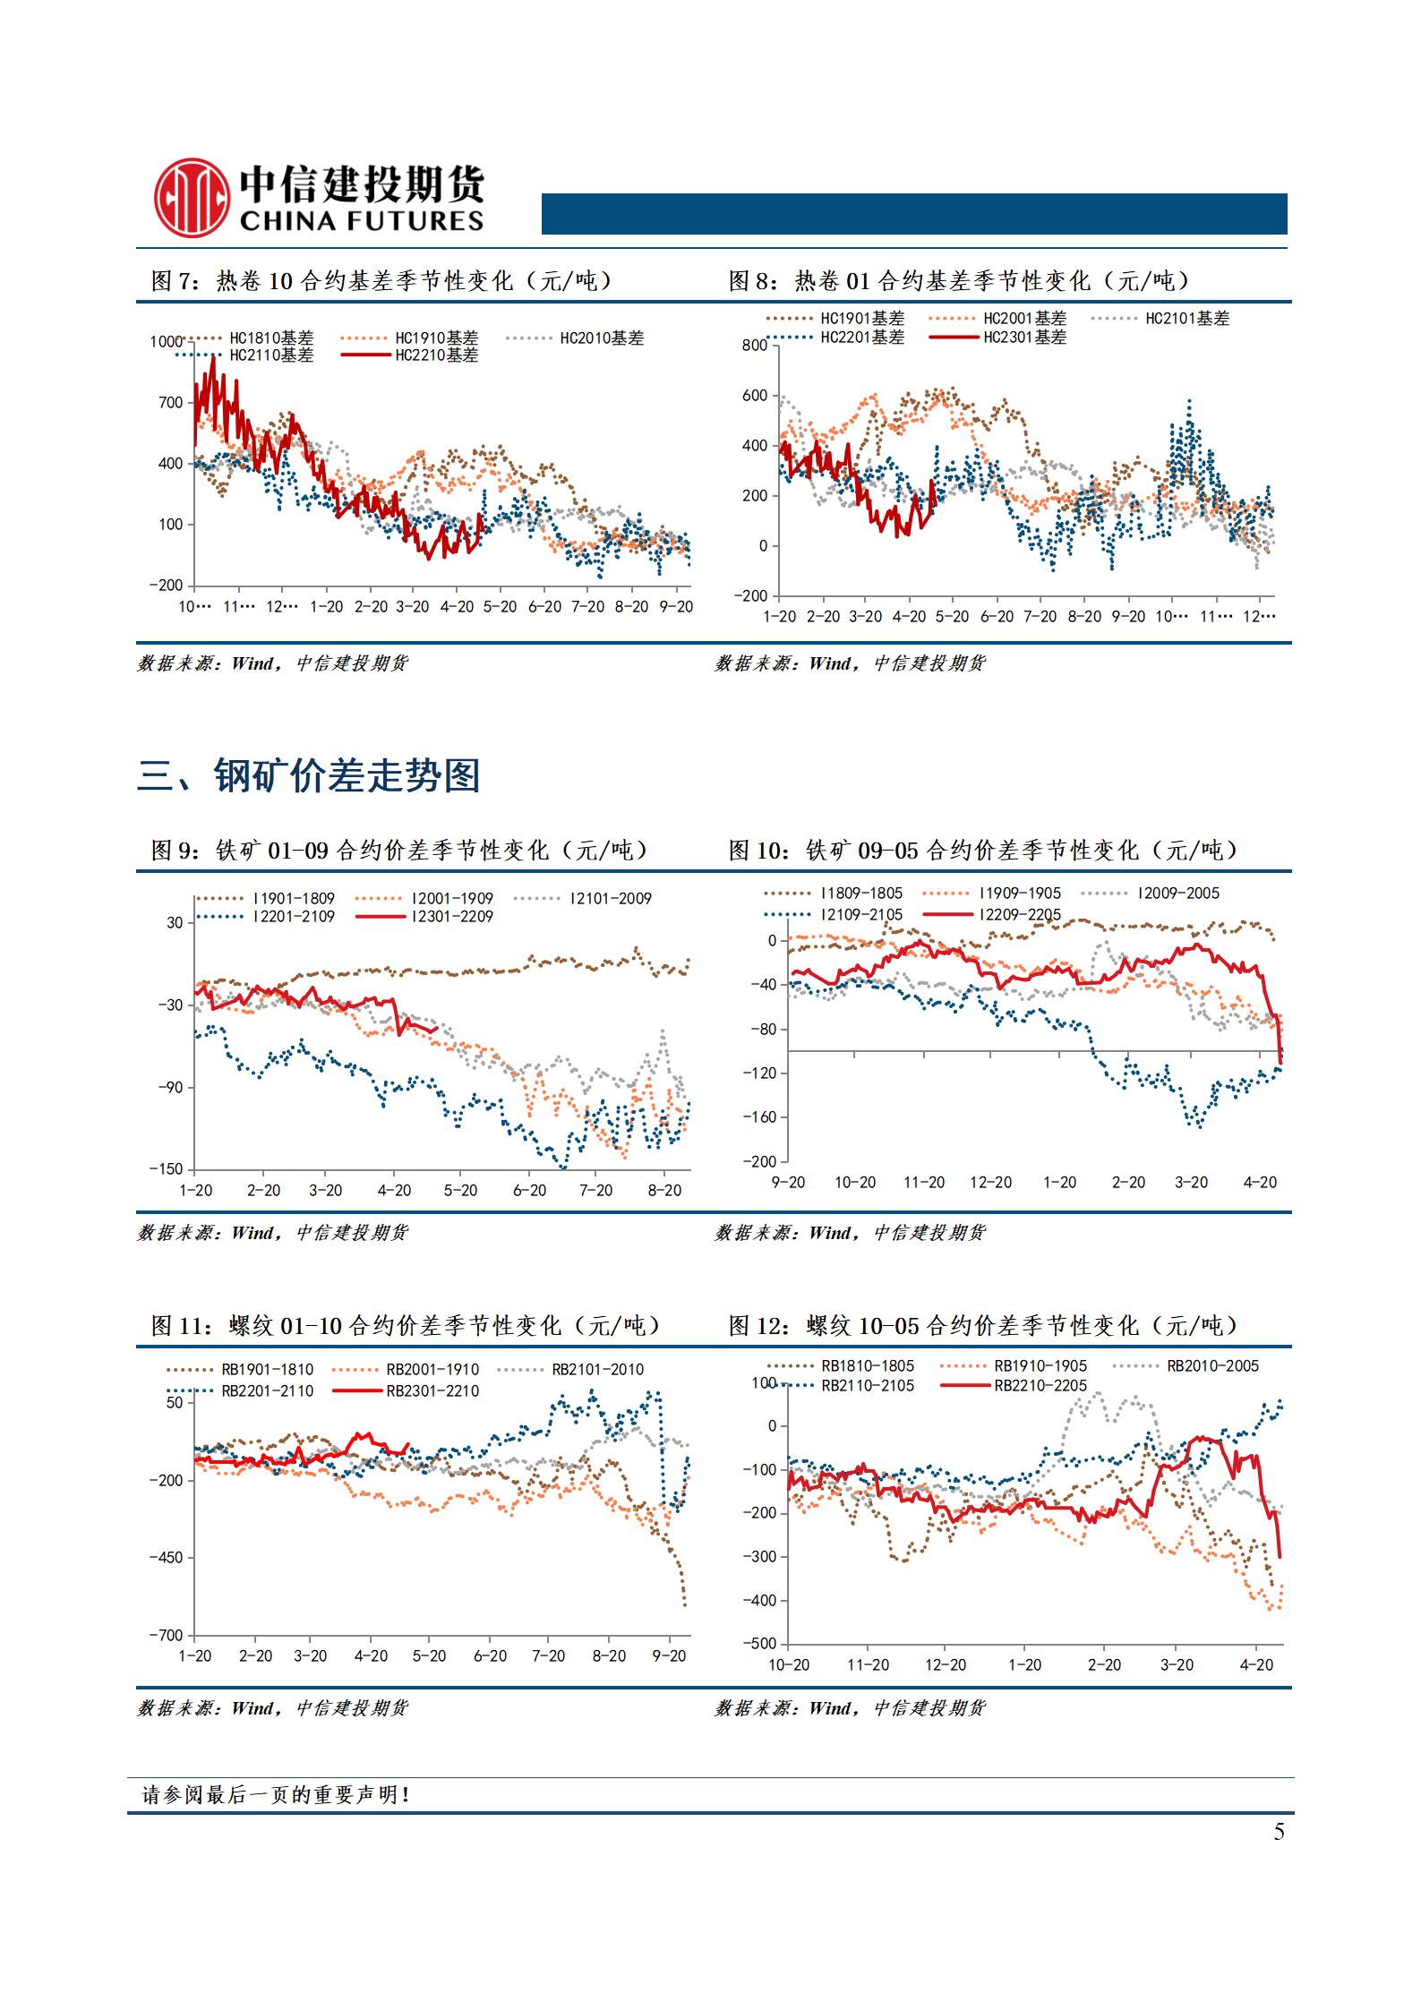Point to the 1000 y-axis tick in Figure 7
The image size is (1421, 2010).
tap(166, 341)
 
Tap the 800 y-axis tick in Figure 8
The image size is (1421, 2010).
tap(754, 346)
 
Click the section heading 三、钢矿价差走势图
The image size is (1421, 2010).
tap(309, 775)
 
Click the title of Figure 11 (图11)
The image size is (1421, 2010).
tap(405, 1325)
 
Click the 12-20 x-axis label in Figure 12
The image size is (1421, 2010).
tap(946, 1665)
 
